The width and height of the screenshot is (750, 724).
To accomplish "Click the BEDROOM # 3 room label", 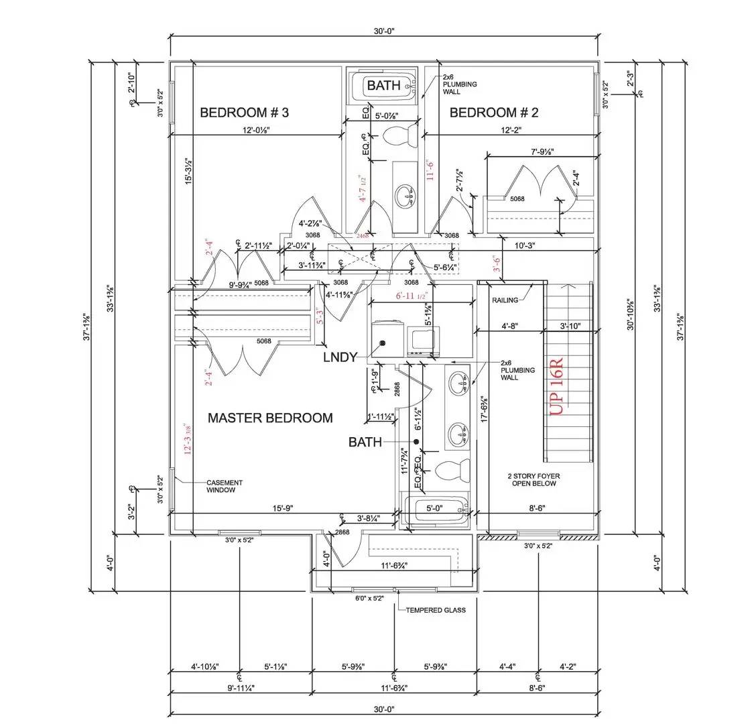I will coord(244,113).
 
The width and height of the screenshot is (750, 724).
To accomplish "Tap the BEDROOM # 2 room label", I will coord(493,113).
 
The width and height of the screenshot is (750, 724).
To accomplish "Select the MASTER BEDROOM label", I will coord(269,418).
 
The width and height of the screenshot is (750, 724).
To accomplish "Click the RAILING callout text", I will coord(507,300).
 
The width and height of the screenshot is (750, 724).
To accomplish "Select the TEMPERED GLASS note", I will coord(436,610).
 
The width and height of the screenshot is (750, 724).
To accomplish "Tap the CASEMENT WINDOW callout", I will coord(225,486).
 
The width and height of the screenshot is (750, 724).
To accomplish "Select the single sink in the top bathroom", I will coord(404,196).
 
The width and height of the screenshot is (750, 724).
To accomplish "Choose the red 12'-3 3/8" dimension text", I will coord(187,440).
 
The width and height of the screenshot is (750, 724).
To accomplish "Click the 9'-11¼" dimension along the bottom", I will coord(240,688).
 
